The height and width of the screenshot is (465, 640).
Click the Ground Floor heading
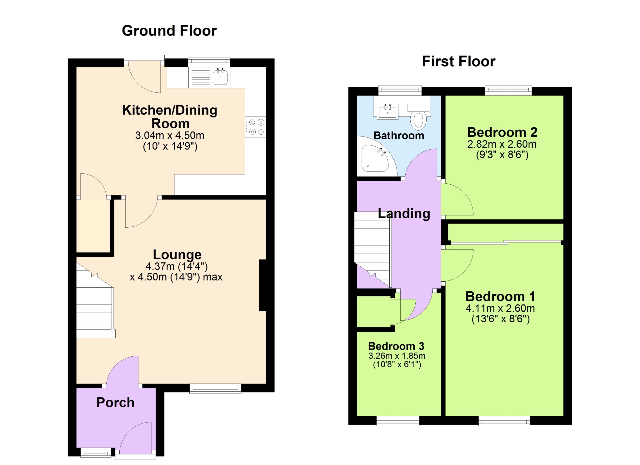[x=169, y=31]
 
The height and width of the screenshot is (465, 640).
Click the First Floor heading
[x=459, y=61]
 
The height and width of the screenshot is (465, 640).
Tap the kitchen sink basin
[x=220, y=77]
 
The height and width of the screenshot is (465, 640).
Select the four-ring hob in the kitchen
[x=255, y=127]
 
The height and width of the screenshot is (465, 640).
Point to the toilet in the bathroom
[x=418, y=116]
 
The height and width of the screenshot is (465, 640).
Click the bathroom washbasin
[x=388, y=111]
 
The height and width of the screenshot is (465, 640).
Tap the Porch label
[x=115, y=403]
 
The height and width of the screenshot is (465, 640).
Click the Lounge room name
[x=177, y=255]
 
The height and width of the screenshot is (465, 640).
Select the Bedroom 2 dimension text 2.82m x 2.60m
[x=502, y=144]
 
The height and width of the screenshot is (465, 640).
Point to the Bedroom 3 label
[x=396, y=346]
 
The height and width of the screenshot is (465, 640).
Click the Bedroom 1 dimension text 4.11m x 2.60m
[x=500, y=309]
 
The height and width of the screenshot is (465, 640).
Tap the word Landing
[x=404, y=214]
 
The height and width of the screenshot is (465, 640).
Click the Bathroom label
[x=399, y=136]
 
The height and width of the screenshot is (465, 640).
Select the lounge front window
[x=215, y=388]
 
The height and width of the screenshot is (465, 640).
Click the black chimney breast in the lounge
[x=262, y=285]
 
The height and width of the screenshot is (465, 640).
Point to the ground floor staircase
[x=96, y=300]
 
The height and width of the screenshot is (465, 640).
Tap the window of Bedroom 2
[x=508, y=91]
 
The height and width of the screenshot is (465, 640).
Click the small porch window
[x=96, y=453]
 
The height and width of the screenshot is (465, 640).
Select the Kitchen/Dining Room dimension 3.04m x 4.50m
[x=170, y=136]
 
